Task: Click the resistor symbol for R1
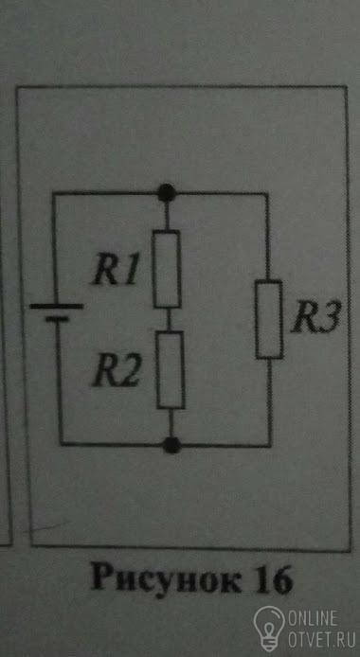[167, 269]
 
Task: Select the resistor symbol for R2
[171, 370]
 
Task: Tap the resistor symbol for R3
[269, 320]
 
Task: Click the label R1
[115, 273]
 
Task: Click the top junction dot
[167, 192]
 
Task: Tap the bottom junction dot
[171, 445]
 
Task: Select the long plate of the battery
[57, 307]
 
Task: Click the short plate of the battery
[57, 319]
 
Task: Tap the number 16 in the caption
[274, 580]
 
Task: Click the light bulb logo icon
[269, 628]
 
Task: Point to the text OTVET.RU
[321, 640]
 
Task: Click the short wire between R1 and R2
[169, 320]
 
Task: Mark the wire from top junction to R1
[167, 215]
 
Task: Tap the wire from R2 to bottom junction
[171, 423]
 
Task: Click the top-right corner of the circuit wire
[267, 193]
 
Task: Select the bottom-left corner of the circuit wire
[62, 444]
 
